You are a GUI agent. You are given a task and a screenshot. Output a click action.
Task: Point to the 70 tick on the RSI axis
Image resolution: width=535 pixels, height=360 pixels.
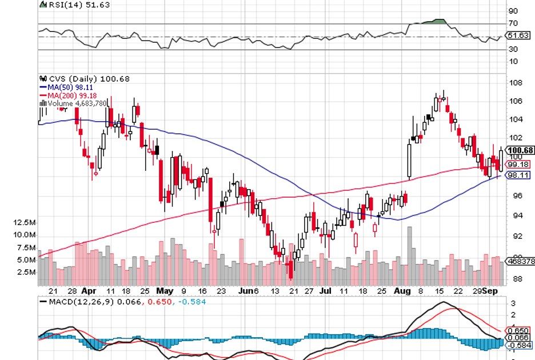point(513,23)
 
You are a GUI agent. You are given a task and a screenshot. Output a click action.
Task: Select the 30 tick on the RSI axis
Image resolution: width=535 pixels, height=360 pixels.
point(513,50)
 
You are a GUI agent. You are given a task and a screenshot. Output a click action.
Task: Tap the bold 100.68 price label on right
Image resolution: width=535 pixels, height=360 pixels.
point(521,150)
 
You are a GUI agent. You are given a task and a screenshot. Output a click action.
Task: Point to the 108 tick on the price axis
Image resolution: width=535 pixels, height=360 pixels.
point(515,83)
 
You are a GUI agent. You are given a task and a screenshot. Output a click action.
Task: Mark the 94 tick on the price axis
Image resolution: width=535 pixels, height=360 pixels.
point(515,215)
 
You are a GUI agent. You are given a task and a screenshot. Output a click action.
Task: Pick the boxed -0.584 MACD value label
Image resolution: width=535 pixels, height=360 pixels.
point(520,345)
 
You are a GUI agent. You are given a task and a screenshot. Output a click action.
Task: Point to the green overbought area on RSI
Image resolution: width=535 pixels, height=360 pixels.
point(438,22)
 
